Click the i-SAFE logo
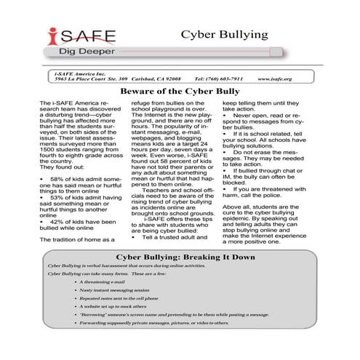click(77, 36)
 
